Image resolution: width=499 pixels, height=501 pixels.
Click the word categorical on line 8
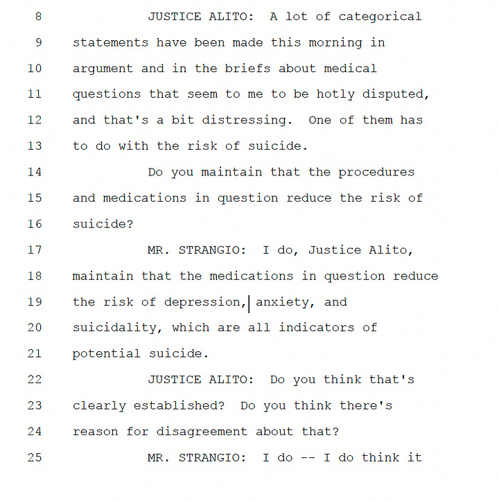(380, 17)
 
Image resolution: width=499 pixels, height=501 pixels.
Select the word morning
(335, 43)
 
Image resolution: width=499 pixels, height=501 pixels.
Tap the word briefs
(247, 69)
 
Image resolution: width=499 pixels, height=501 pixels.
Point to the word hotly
(335, 94)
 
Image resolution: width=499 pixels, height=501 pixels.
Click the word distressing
(247, 121)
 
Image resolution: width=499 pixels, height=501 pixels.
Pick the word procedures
(376, 173)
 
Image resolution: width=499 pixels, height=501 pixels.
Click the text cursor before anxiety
(249, 304)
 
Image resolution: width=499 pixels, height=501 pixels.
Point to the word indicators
(317, 328)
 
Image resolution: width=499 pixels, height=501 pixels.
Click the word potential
(107, 354)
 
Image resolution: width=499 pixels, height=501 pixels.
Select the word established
(179, 405)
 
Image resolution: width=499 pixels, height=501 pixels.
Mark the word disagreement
(202, 432)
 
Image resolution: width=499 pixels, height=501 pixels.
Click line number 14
(35, 173)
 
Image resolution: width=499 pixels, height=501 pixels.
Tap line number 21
(35, 353)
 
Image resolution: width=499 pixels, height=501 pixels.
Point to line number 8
(38, 17)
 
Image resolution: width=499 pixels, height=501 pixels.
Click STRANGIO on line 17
(212, 250)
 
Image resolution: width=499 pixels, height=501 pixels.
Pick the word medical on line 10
(351, 69)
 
